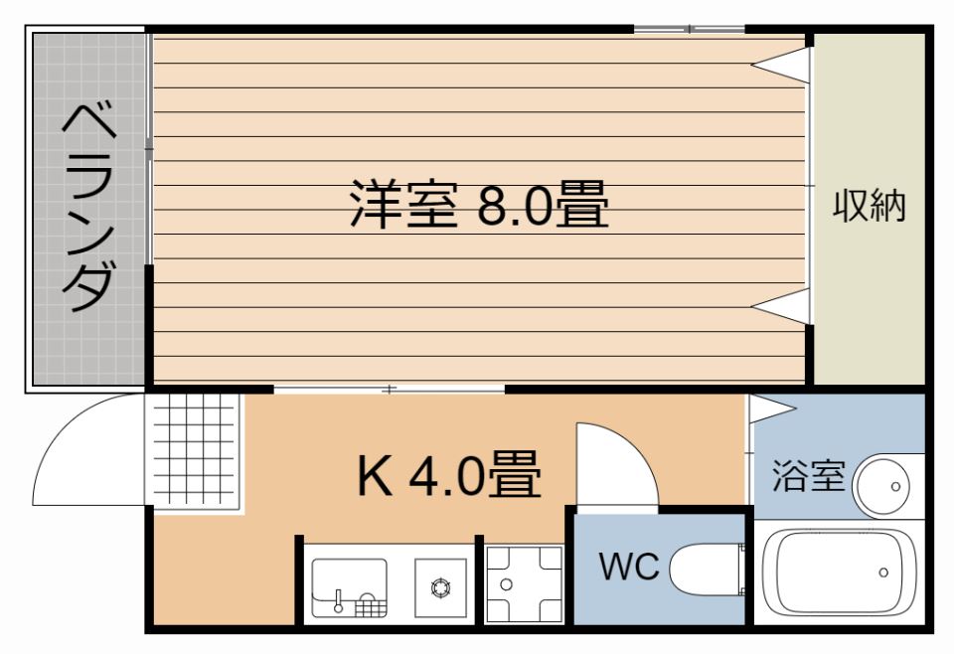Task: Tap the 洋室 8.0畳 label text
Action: (x=478, y=205)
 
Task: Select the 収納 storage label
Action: (x=870, y=206)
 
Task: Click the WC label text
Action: (x=628, y=568)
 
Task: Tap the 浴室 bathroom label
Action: (x=808, y=476)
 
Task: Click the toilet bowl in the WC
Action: (x=707, y=570)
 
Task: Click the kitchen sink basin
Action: (x=349, y=585)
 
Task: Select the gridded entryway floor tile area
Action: (x=195, y=452)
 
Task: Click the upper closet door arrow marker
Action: (x=780, y=66)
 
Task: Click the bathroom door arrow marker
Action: (x=771, y=407)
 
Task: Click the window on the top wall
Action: (x=689, y=29)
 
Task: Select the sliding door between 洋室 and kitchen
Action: (x=390, y=389)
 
